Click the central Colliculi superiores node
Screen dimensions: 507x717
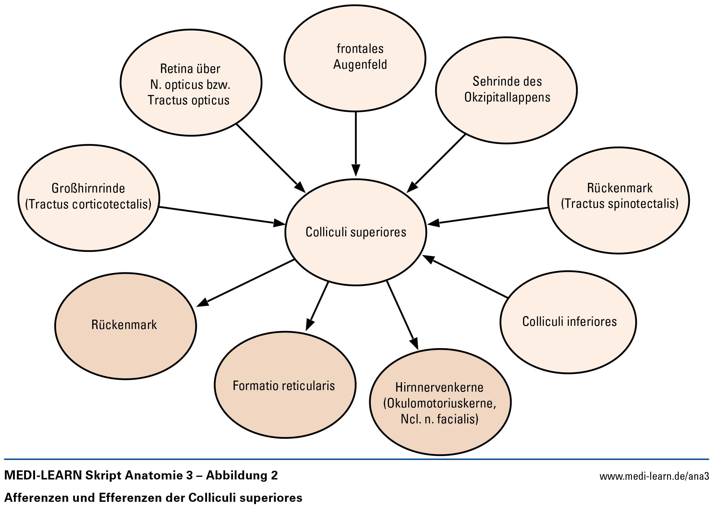tap(356, 232)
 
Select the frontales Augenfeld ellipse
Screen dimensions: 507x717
tap(355, 58)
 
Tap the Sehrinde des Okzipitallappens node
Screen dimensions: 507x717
tap(506, 90)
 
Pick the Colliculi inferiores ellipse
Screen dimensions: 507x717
tap(568, 322)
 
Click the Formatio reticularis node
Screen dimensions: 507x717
tap(285, 385)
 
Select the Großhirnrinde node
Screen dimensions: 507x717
tap(89, 198)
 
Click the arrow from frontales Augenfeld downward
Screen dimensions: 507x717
tap(356, 143)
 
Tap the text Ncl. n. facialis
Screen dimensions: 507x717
tap(440, 419)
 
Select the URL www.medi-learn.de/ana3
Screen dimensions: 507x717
tap(654, 476)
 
